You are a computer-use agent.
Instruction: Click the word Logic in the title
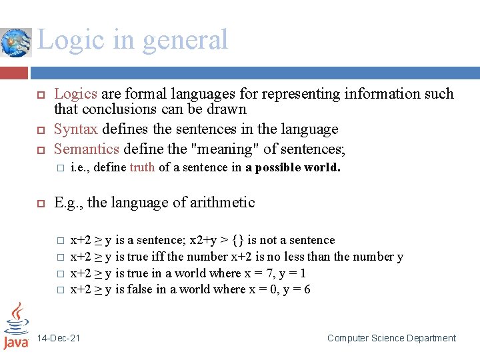click(67, 40)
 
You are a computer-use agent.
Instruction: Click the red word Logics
click(75, 94)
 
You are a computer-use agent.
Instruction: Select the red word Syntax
click(75, 129)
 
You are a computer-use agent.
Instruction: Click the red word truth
click(142, 167)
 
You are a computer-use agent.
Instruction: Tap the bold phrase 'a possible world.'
click(293, 167)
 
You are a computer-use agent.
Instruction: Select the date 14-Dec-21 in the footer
click(59, 338)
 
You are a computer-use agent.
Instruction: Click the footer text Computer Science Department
click(391, 338)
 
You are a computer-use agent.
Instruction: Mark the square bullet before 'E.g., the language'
click(39, 203)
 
